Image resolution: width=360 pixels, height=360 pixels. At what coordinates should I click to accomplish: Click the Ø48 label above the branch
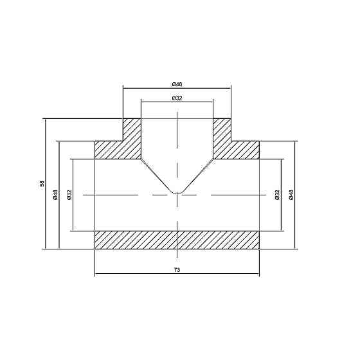(177, 84)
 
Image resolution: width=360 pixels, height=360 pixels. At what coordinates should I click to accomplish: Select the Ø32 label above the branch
(177, 98)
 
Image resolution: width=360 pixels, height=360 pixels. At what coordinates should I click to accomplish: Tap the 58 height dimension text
(42, 184)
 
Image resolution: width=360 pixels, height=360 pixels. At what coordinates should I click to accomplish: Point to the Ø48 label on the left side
(56, 194)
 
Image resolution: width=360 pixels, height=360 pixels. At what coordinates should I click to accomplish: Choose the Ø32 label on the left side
(69, 194)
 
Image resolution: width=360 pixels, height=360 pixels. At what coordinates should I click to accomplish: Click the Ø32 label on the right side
(276, 194)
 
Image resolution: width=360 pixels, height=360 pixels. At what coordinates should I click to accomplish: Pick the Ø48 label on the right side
(291, 194)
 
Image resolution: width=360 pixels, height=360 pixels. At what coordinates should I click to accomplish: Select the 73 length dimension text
(177, 270)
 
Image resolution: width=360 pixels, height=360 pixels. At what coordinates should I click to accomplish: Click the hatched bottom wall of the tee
(177, 239)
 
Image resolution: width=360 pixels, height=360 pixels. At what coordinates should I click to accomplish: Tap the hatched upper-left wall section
(119, 145)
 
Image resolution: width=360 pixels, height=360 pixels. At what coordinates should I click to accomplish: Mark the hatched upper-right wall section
(235, 145)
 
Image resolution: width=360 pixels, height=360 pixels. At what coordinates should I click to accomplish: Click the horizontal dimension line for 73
(129, 275)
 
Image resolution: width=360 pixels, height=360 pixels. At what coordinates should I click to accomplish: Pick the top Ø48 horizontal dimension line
(148, 88)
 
